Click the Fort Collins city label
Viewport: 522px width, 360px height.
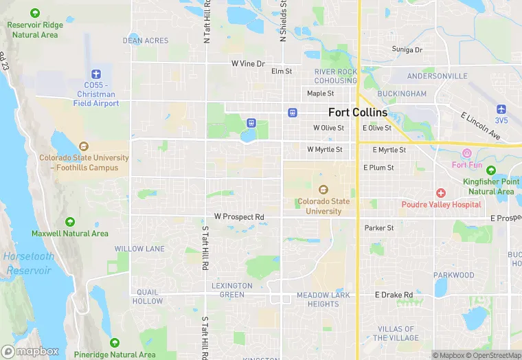coord(358,112)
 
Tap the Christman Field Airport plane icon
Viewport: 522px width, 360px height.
coord(96,74)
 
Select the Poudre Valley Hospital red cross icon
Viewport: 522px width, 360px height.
coord(441,193)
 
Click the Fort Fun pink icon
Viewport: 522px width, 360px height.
coord(467,153)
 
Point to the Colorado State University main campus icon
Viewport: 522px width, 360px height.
coord(324,190)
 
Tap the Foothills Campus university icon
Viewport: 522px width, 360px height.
coord(84,146)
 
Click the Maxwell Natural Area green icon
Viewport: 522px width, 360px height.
coord(70,222)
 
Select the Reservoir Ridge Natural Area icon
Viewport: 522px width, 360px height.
coord(34,13)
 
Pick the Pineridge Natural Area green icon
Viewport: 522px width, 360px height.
coord(115,343)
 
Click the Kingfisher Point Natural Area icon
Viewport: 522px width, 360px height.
coord(490,170)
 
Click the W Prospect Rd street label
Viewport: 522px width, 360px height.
coord(239,217)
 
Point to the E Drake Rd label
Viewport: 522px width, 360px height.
coord(394,295)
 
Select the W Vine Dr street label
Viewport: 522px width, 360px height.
coord(248,63)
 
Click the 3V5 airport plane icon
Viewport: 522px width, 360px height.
coord(501,109)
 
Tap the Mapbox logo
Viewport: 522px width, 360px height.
coord(30,350)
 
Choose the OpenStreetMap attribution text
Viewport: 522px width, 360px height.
coord(493,355)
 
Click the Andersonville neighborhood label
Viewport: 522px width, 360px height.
coord(431,76)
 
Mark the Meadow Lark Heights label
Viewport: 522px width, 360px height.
coord(318,300)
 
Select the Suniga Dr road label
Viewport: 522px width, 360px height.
coord(407,49)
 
